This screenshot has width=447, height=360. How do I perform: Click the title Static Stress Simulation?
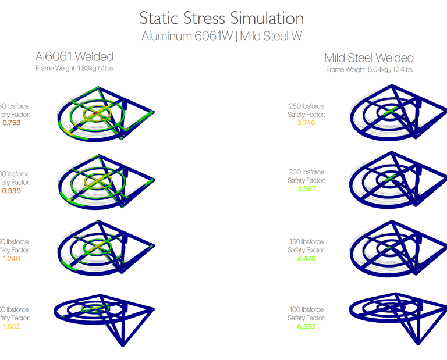click(222, 18)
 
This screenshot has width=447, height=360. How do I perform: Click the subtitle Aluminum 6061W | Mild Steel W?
click(222, 36)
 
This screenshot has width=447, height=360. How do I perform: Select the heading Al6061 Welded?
click(74, 56)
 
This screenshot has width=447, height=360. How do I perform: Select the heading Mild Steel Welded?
click(369, 58)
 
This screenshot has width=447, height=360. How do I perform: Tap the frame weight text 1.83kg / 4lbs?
click(74, 68)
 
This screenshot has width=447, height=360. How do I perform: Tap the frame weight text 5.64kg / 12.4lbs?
click(369, 69)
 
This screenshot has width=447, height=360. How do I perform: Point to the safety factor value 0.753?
click(12, 123)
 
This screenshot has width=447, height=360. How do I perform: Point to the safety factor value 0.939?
click(12, 191)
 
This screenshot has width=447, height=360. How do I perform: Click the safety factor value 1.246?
click(12, 259)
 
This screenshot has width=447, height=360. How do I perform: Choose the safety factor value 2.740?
click(306, 123)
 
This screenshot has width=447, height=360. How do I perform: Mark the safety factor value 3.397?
click(306, 189)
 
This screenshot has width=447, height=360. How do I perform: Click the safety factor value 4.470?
click(306, 259)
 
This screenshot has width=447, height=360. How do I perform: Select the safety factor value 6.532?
click(306, 326)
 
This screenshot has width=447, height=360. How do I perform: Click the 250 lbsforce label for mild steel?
click(306, 106)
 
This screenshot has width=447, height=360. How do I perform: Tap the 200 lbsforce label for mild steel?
click(306, 173)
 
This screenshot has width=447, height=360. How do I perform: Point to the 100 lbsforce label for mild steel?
click(306, 310)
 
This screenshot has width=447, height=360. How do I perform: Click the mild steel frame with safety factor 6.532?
click(396, 317)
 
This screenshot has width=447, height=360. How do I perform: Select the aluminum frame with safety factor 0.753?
click(105, 113)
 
